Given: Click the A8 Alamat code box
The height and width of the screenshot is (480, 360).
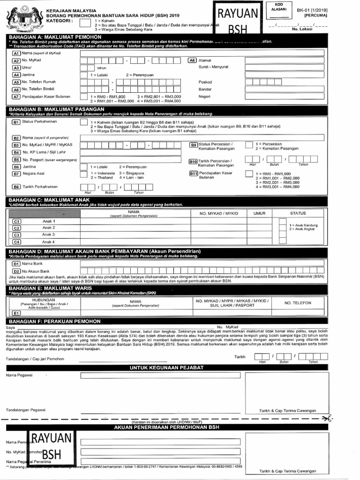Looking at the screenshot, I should coord(192,60).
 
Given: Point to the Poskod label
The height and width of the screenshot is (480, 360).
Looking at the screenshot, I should coord(205,82).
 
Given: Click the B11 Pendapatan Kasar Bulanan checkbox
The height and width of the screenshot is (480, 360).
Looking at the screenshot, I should coord(249,174).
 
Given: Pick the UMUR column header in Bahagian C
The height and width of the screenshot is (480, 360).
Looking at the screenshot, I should coord(259,213).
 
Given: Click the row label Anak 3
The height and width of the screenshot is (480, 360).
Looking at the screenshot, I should coord(48,234).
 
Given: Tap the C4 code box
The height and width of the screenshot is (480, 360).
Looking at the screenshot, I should coord(16,242).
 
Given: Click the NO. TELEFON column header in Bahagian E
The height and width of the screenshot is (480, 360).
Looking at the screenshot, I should coord(298,303).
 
